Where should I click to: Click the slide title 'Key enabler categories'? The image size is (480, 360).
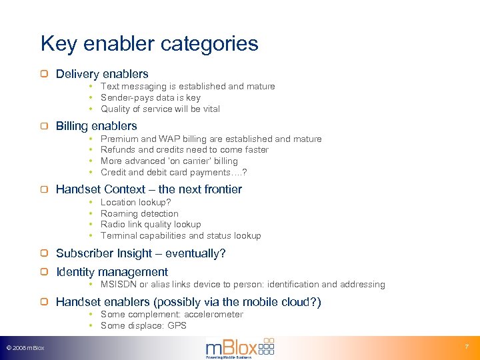(x=149, y=44)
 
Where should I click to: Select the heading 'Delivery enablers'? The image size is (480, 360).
(x=102, y=74)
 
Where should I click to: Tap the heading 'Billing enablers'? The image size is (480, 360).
(x=96, y=126)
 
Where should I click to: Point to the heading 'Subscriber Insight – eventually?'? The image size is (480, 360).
(x=141, y=253)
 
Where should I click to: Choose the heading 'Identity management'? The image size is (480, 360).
(x=112, y=272)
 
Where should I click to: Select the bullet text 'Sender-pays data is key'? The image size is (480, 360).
(x=150, y=97)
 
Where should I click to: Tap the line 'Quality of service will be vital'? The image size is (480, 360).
(x=160, y=109)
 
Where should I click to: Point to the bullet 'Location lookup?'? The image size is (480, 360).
(x=135, y=202)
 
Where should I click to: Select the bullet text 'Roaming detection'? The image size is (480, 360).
(x=139, y=213)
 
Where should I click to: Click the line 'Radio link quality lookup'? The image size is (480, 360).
(x=150, y=224)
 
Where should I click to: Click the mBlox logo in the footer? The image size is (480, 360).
(x=239, y=348)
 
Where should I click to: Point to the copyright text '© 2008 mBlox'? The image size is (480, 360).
(x=25, y=348)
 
